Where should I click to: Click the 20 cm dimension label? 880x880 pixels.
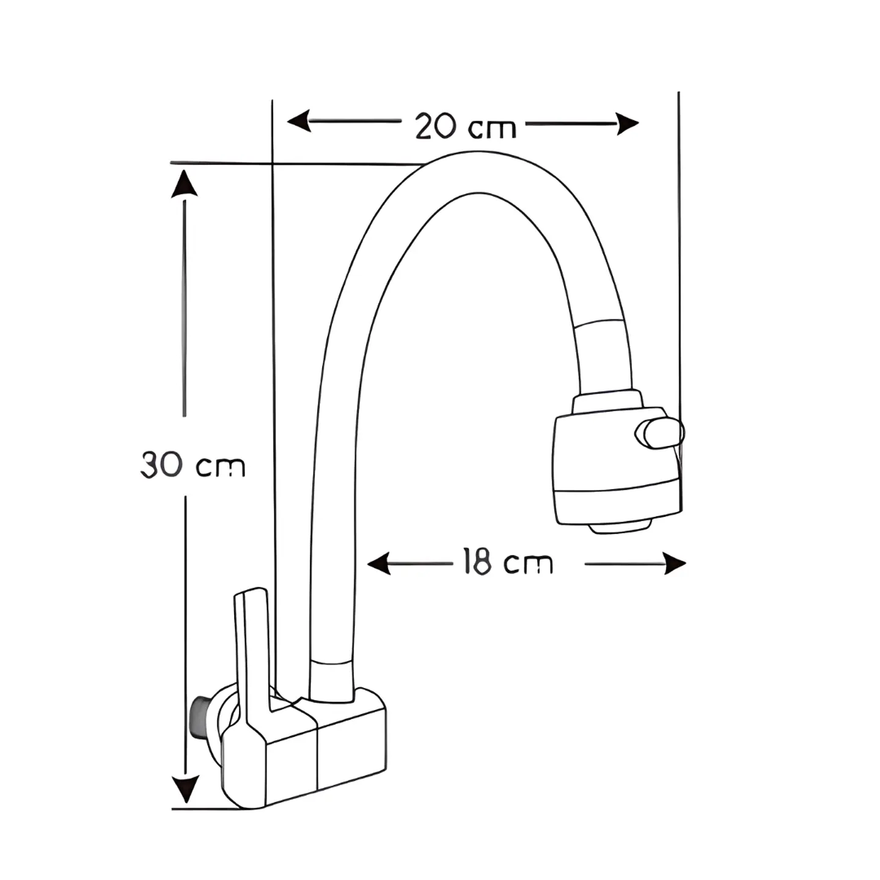pos(465,126)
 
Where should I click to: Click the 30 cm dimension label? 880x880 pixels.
pos(193,465)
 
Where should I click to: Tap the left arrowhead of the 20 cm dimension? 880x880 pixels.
pos(299,121)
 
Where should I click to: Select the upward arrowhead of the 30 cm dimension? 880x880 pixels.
pos(185,183)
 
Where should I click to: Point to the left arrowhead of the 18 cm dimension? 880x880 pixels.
pos(378,563)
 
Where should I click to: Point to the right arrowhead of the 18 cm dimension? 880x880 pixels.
pos(675,563)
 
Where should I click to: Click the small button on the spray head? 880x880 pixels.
pos(659,433)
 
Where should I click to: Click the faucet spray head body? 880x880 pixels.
pos(617,468)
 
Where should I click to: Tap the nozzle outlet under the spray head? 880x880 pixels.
pos(620,529)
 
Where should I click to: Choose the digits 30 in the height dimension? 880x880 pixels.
pos(161,465)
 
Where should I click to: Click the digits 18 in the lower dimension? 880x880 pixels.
pos(477,561)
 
